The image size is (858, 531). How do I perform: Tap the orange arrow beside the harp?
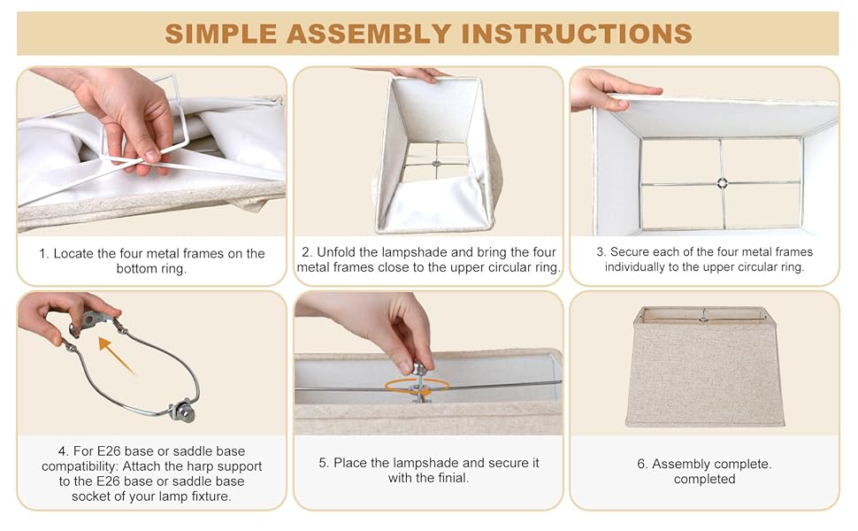pos(116,356)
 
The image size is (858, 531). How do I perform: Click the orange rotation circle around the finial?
pos(417,387)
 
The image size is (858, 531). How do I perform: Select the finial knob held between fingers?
pos(419,369)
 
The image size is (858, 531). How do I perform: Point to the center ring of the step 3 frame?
pos(723,183)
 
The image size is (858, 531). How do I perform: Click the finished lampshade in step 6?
pos(705,366)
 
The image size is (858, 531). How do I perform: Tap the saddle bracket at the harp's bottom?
pos(182,411)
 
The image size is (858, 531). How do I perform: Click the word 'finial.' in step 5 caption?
pos(453,478)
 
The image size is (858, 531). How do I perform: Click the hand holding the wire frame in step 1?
pos(123,116)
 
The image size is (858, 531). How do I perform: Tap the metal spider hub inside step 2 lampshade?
pos(437,163)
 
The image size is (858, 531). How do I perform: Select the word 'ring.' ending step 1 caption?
pos(172,269)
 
